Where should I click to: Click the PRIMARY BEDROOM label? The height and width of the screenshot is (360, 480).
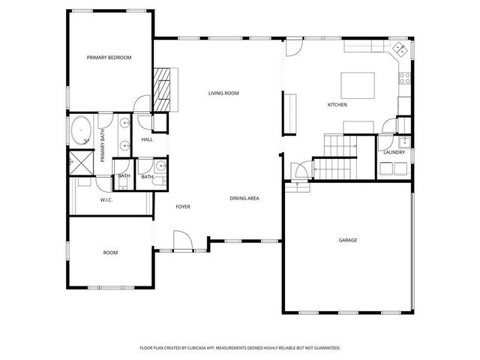pos(109,57)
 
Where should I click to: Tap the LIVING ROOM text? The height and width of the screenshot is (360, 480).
pos(223,93)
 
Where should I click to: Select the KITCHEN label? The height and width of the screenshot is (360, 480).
pos(337,105)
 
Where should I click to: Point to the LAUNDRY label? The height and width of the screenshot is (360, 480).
pos(394,152)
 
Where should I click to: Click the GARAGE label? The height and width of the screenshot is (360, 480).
pos(347,241)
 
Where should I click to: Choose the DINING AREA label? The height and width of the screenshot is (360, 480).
pos(244,198)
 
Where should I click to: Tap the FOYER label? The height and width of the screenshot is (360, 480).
pos(183,206)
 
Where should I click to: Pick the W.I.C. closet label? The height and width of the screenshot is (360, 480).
pos(106,200)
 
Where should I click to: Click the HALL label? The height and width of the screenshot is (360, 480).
pos(147,139)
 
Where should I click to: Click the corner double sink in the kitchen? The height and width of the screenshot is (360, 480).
pos(400,50)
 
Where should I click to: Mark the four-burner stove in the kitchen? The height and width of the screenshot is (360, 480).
pos(406,77)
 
